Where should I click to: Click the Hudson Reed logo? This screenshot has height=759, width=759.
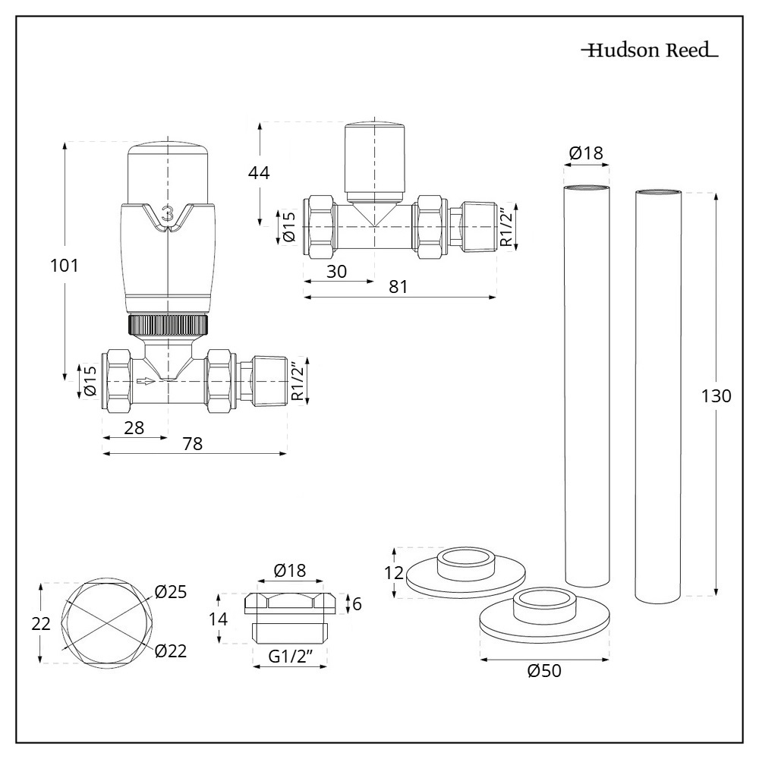[649, 52]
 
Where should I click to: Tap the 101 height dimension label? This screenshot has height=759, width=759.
[65, 266]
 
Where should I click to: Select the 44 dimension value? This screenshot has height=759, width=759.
[260, 172]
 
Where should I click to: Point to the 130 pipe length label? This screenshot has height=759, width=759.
[716, 396]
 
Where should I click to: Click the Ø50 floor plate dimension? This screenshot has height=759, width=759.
[544, 671]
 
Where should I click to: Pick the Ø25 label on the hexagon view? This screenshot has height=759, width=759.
[170, 591]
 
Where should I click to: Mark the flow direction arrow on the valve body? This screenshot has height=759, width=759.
[146, 381]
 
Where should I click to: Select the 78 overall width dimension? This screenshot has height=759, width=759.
[193, 445]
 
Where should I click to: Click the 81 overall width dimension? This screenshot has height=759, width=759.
[398, 287]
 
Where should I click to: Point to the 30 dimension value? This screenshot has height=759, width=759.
[337, 271]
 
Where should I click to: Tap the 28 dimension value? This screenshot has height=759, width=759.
[134, 427]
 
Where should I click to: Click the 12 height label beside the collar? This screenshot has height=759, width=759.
[393, 573]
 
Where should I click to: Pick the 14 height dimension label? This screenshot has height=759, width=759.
[219, 619]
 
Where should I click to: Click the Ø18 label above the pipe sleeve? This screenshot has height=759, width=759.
[586, 153]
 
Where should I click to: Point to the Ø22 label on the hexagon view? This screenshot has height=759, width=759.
[170, 650]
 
